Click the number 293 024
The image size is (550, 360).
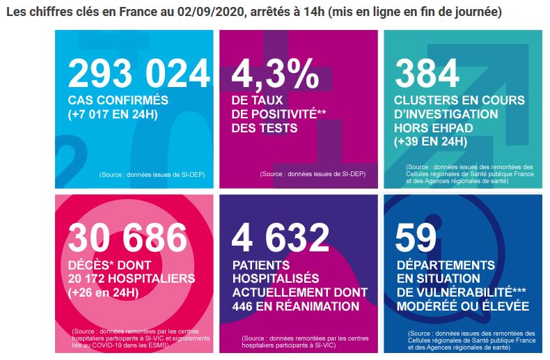click(139, 73)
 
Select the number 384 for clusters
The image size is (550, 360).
click(427, 73)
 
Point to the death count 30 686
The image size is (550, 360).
click(127, 237)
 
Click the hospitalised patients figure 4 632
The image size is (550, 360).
click(281, 237)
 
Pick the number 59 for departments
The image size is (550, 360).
click(416, 237)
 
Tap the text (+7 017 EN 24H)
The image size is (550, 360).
click(113, 114)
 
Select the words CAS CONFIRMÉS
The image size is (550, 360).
click(118, 100)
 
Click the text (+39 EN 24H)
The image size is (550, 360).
click(430, 142)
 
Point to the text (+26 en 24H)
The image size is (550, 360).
click(104, 292)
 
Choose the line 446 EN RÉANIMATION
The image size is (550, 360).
click(296, 306)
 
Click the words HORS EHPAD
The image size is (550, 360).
click(434, 128)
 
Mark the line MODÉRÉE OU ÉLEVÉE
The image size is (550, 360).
click(463, 306)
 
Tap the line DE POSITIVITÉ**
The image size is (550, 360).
click(279, 114)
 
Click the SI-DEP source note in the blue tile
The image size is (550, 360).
click(152, 175)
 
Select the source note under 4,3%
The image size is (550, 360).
click(313, 174)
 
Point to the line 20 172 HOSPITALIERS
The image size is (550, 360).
click(132, 279)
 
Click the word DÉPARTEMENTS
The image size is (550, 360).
click(446, 265)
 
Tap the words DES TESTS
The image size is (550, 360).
click(265, 128)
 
